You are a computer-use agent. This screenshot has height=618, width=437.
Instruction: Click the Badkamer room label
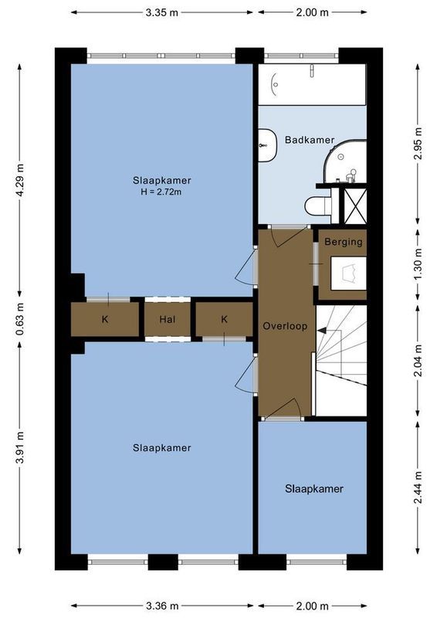tap(309, 140)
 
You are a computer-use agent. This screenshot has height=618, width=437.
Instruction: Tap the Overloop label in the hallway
tap(285, 326)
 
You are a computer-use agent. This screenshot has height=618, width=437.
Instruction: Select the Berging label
tap(343, 242)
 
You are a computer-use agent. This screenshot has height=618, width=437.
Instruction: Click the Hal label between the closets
tap(168, 319)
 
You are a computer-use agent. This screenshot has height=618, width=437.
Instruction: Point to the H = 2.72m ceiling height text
tap(161, 192)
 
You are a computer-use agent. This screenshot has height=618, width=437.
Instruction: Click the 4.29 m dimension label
tap(20, 178)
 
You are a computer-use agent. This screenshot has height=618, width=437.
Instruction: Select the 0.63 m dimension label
tap(20, 318)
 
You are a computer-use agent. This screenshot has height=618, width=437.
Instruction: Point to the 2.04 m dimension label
tap(418, 360)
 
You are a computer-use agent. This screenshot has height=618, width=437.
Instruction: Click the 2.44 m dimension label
tap(418, 487)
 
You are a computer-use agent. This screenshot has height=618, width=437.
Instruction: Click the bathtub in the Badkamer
tap(311, 84)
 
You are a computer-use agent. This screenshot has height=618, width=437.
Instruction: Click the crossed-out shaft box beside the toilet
tap(354, 205)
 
